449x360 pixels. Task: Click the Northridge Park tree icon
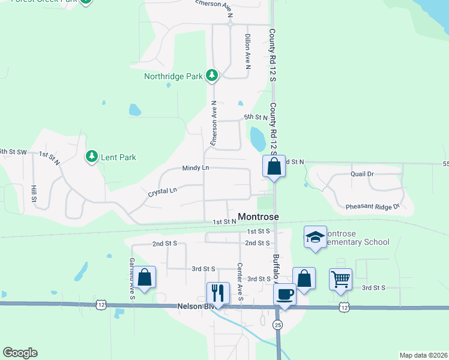211,76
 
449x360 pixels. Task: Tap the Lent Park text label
118,157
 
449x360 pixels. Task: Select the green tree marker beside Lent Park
91,157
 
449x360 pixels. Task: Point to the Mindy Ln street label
196,169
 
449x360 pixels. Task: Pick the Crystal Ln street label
163,191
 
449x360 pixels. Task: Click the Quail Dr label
362,173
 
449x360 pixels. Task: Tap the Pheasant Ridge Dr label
372,206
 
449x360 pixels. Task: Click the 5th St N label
255,117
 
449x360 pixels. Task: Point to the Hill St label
34,193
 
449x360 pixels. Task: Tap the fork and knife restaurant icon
217,293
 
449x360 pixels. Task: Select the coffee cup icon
285,295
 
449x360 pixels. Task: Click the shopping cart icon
340,278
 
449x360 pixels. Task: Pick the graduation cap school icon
315,237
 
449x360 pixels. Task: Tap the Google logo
20,352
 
